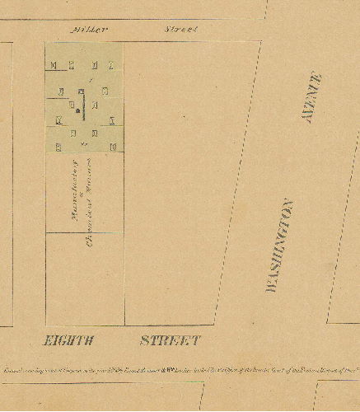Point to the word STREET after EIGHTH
click(x=170, y=339)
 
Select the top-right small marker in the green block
click(x=112, y=65)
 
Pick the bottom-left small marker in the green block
click(x=58, y=147)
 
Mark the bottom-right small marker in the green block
click(x=112, y=147)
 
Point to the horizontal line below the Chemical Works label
click(x=84, y=233)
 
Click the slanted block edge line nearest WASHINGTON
click(x=239, y=181)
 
